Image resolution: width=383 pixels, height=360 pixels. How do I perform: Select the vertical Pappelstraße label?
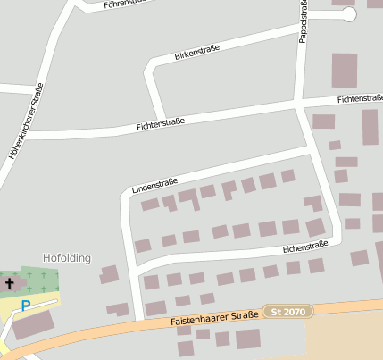(304, 20)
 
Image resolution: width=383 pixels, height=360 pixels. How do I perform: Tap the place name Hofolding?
(67, 258)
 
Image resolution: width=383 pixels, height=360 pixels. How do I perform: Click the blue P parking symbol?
(26, 306)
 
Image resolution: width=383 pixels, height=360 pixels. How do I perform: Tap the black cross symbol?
(10, 284)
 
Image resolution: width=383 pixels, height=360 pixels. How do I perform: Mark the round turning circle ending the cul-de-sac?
(348, 14)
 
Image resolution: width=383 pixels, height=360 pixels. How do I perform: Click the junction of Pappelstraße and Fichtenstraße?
(298, 105)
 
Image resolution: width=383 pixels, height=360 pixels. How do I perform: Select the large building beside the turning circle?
(344, 70)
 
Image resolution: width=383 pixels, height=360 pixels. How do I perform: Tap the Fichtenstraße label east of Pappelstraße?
(360, 98)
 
